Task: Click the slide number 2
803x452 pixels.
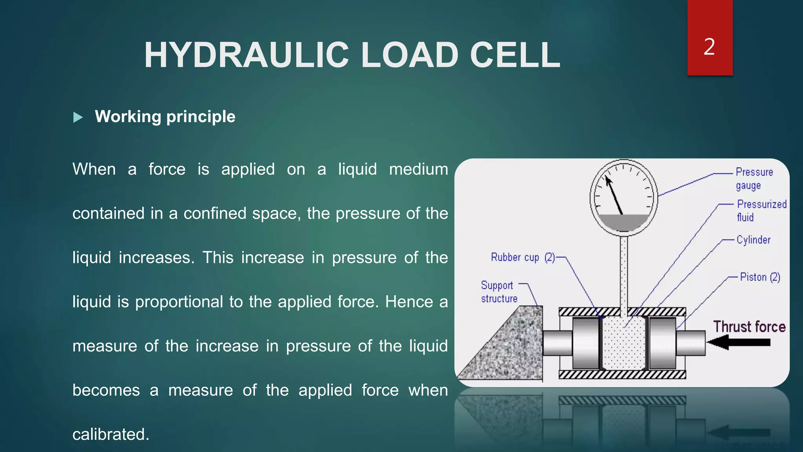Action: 709,47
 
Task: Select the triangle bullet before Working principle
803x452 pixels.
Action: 78,117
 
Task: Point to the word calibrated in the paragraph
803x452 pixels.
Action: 111,434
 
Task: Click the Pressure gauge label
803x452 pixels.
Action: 754,179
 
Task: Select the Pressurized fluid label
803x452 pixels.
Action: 761,211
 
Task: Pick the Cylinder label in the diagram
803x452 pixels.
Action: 753,240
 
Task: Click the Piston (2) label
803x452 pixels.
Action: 760,277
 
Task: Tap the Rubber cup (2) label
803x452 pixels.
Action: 523,257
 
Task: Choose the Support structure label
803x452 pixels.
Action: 498,292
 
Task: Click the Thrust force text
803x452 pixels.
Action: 749,326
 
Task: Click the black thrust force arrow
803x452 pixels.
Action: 739,342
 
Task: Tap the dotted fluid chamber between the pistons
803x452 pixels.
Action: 623,343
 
